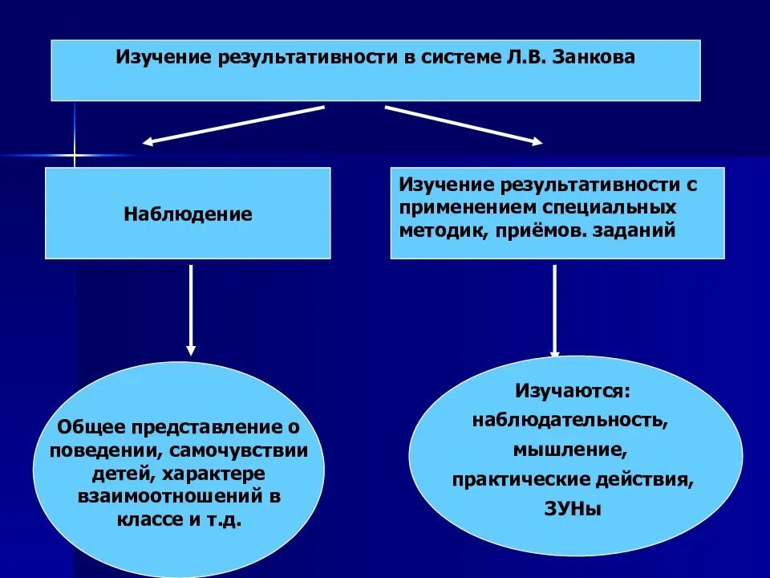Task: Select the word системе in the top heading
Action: click(x=456, y=59)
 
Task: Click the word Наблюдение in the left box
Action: click(x=188, y=214)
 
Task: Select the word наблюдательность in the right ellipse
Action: click(x=569, y=421)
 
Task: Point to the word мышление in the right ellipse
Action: click(x=571, y=450)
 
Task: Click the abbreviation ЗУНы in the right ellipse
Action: click(x=572, y=509)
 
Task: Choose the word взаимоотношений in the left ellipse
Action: click(x=172, y=496)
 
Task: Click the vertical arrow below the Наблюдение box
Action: click(x=190, y=309)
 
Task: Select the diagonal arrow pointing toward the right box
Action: click(x=463, y=124)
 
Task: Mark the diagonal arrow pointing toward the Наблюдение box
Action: click(x=233, y=124)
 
